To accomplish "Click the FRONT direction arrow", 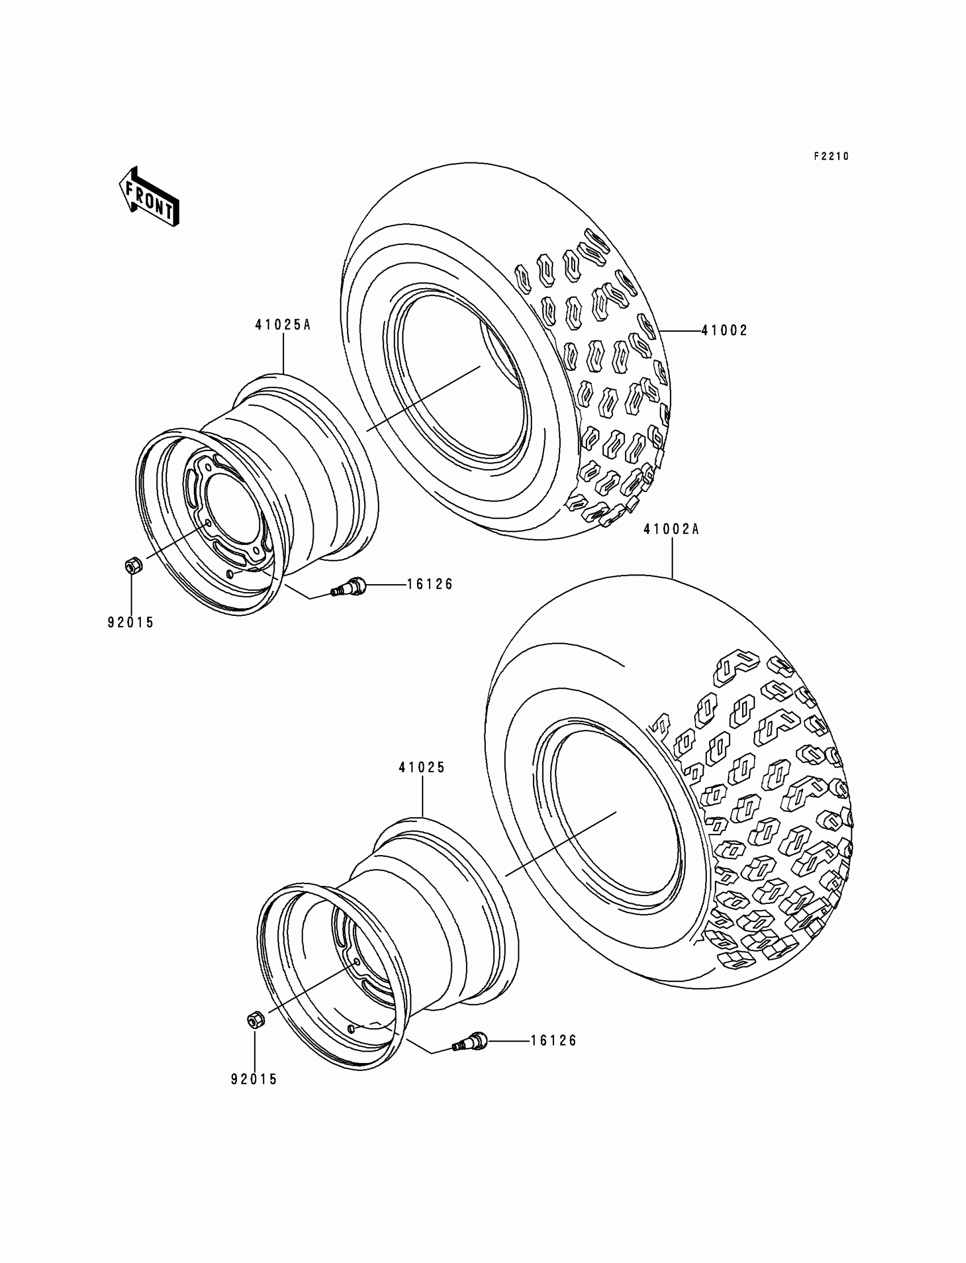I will [149, 197].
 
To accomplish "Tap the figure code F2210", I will [831, 156].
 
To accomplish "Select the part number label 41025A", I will [282, 325].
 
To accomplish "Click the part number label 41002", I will [724, 331].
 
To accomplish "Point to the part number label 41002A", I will [671, 529].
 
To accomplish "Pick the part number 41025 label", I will [422, 768].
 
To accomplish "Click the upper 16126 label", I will [430, 585].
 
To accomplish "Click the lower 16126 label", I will [553, 1040].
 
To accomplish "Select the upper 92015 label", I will [131, 623].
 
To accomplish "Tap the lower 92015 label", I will [254, 1079].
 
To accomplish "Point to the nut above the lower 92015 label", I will [255, 1021].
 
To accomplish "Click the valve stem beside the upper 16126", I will [347, 587].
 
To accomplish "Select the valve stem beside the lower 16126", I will [470, 1043].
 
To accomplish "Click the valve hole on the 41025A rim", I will [231, 574].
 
